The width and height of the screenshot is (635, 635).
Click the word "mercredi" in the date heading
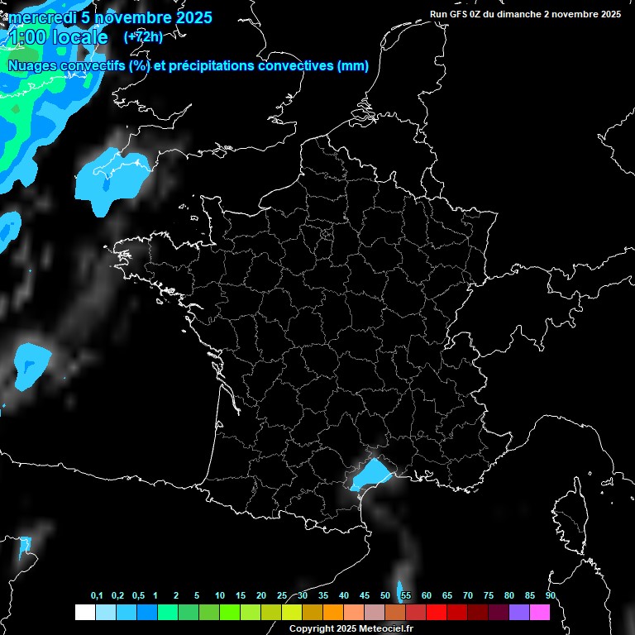[38, 17]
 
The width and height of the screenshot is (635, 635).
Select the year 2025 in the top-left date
[193, 17]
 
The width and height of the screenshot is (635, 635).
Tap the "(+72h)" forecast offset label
[143, 36]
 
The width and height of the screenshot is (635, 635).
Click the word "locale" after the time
[79, 37]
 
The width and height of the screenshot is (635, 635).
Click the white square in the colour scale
[84, 613]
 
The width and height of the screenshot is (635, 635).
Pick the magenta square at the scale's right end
[540, 613]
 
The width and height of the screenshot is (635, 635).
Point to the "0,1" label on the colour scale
[97, 596]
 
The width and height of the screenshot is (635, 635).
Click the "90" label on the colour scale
[550, 596]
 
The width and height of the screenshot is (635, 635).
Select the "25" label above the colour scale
[282, 596]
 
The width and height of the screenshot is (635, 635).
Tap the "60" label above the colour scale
[426, 596]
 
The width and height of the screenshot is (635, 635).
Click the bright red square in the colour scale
[436, 613]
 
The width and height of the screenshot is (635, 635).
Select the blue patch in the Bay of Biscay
[32, 363]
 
